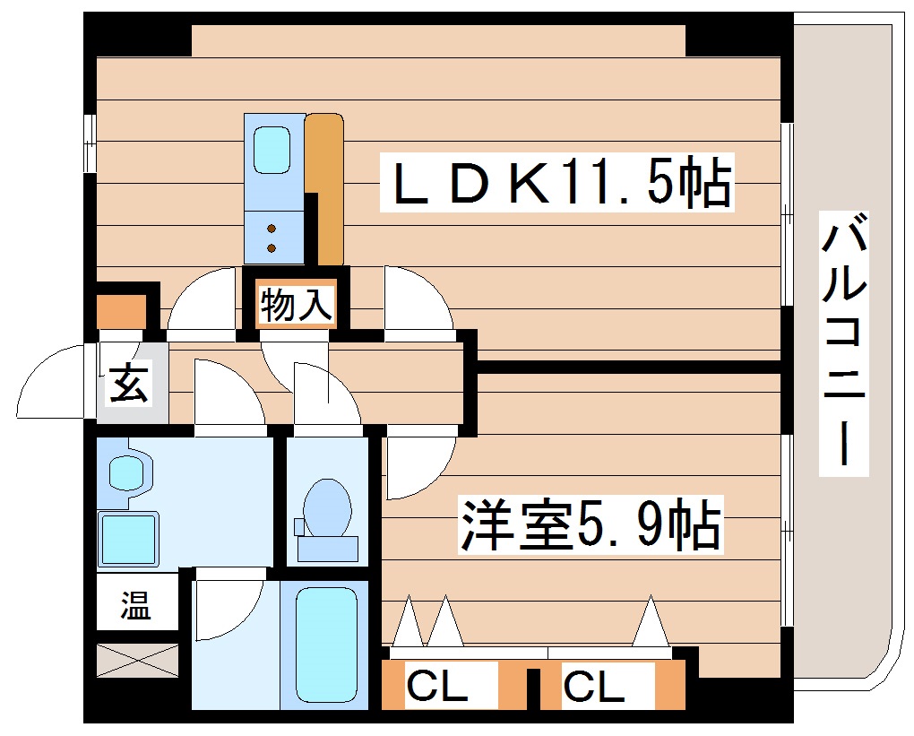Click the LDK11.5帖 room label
coord(556,183)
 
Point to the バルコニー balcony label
coord(845,345)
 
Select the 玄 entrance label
coord(130,384)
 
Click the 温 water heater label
coord(136,607)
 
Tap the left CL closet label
coord(437,688)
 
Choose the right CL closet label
coord(594,688)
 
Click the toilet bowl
coord(327,508)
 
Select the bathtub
coord(326,643)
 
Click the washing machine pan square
coord(128,540)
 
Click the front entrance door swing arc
coord(54,381)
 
